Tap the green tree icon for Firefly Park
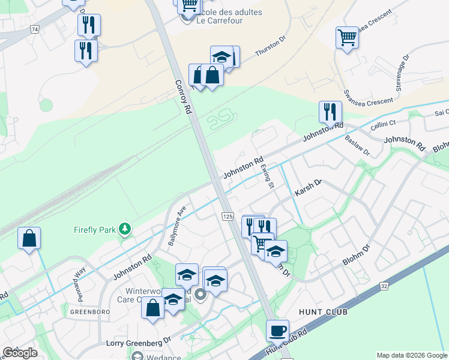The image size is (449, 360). pos(125,229)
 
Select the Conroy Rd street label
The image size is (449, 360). pos(183,98)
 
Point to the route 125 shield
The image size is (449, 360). pos(228,216)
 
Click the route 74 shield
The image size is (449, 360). pos(35,29)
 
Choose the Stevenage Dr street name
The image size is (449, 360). pos(402,73)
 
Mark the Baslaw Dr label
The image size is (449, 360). pos(358,146)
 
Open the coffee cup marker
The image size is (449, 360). pos(277,331)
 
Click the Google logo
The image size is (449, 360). pos(20,353)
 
